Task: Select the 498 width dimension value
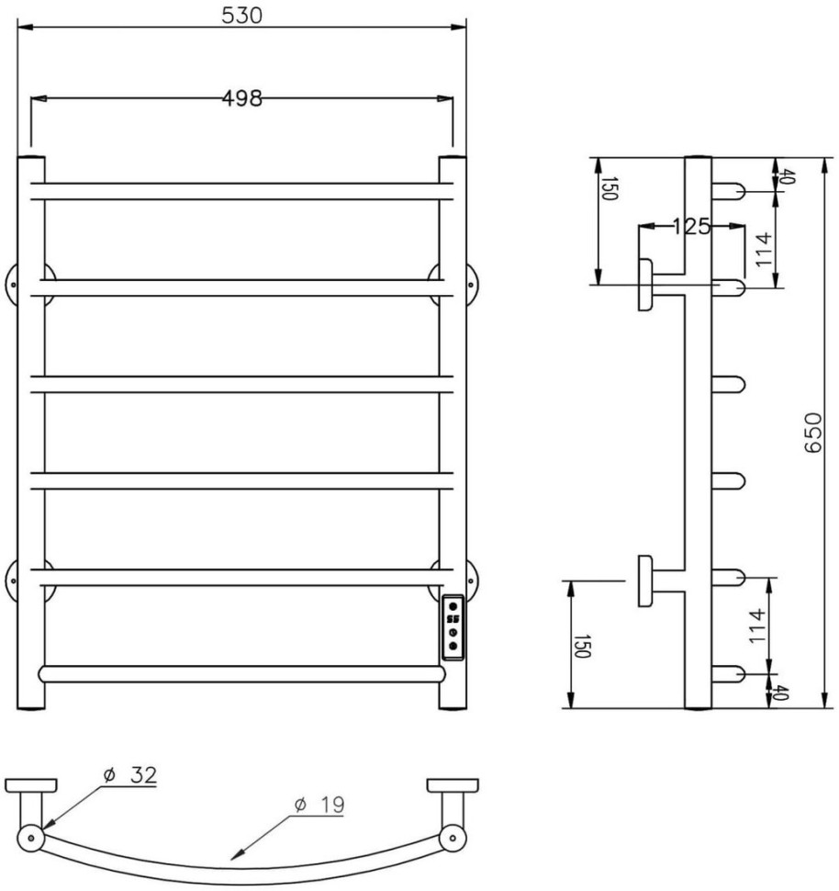tap(241, 98)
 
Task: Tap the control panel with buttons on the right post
tap(453, 627)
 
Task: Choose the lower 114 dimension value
tap(757, 626)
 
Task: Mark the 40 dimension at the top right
tap(784, 176)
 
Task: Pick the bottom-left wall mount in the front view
tap(13, 579)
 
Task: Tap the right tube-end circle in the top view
tap(451, 837)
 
